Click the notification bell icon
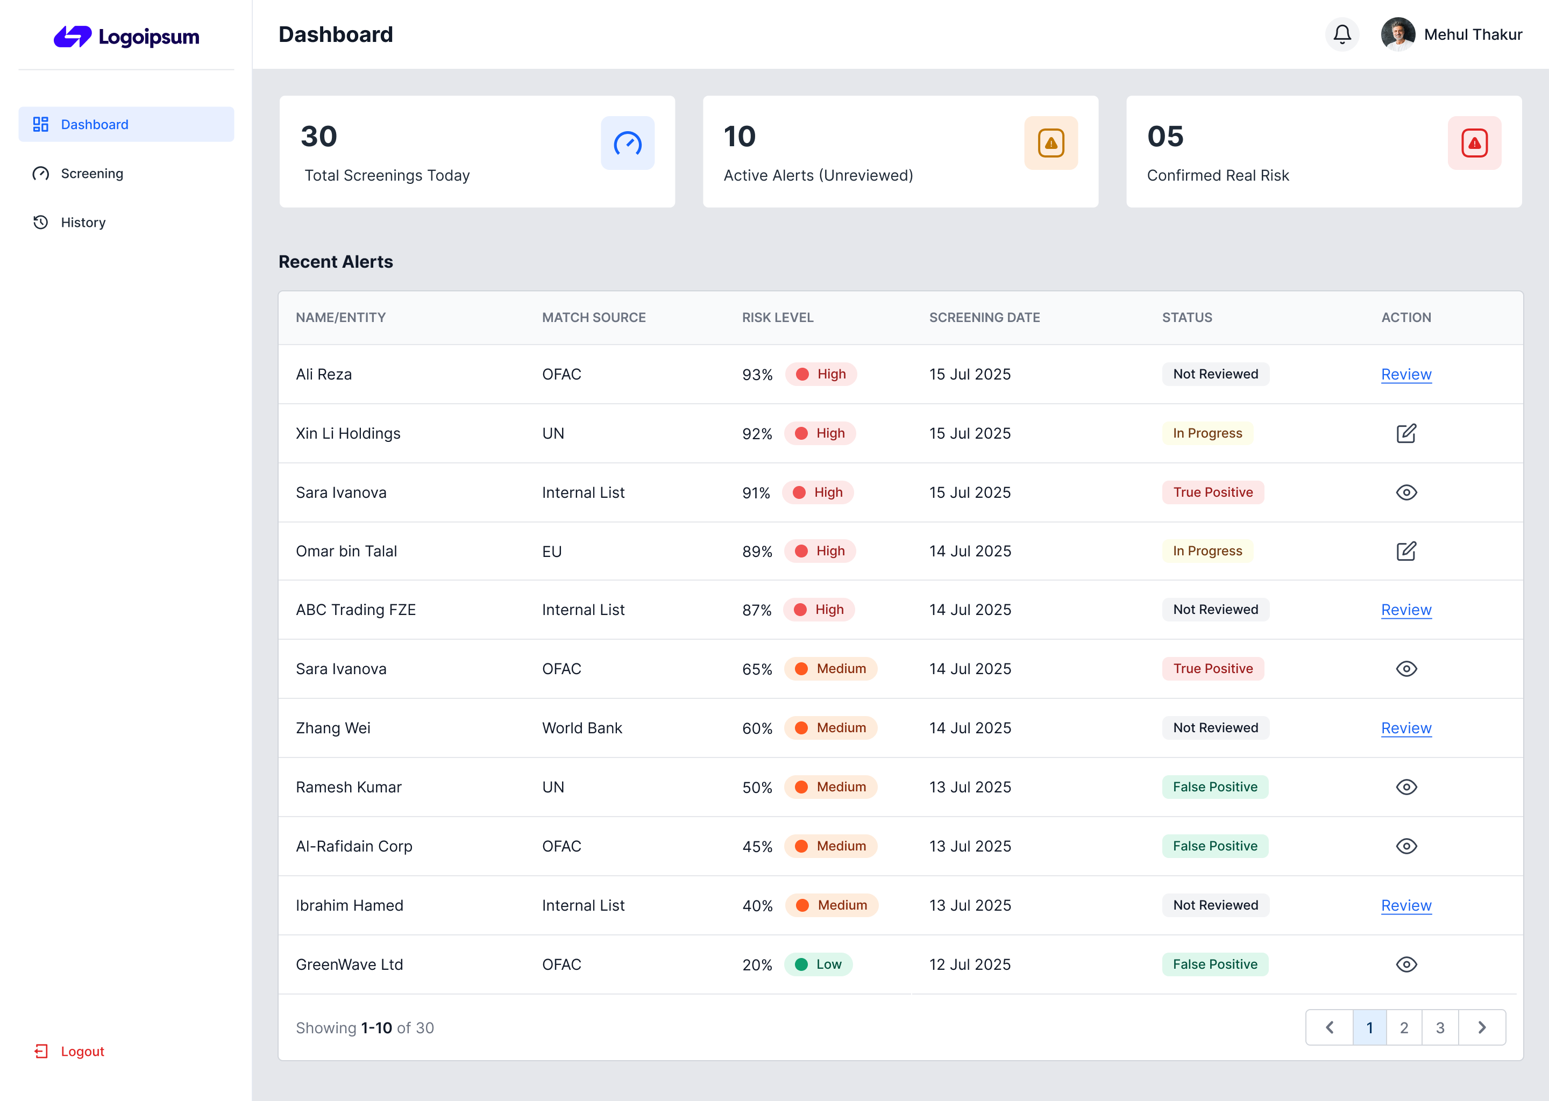point(1341,34)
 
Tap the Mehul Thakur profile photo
point(1397,34)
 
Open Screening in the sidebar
point(91,174)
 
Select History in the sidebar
point(83,223)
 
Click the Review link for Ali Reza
point(1406,374)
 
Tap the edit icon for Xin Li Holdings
point(1406,433)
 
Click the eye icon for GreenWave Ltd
point(1406,964)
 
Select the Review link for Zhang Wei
point(1406,728)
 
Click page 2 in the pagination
point(1404,1028)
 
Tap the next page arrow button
point(1482,1028)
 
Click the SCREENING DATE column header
point(984,317)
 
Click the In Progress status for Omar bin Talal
point(1207,551)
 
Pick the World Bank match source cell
point(582,728)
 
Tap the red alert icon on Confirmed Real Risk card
point(1474,143)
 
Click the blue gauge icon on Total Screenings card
point(627,143)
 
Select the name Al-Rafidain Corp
point(354,846)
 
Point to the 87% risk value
point(757,610)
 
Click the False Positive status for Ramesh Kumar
point(1214,787)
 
